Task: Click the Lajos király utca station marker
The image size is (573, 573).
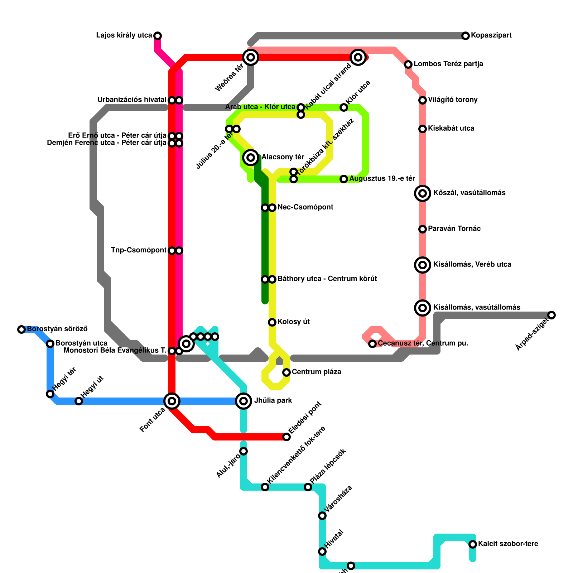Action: pos(158,35)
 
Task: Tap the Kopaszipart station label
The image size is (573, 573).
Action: pos(491,35)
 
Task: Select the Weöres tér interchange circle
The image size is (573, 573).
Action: pos(251,57)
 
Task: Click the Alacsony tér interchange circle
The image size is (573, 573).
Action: pos(251,157)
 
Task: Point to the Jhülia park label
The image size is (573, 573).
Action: pos(273,401)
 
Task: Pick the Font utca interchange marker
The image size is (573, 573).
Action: pos(172,401)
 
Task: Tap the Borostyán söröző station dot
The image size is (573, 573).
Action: pos(21,329)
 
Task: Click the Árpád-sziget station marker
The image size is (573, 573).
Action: pos(552,315)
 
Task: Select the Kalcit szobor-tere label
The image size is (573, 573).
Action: pos(508,544)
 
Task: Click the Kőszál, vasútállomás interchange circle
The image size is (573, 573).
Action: pos(423,193)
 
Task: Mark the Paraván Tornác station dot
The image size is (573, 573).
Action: pos(423,229)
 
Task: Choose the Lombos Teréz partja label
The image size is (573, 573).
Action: pos(448,64)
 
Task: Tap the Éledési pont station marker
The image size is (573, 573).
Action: pos(286,437)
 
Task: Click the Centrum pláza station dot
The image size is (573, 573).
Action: pos(286,372)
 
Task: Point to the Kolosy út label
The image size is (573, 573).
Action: pos(293,322)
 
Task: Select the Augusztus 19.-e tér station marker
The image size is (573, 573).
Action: pos(344,179)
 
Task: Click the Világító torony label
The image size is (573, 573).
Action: pos(452,100)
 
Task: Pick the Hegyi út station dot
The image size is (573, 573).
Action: pos(79,401)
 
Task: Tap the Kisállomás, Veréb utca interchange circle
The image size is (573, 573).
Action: pos(423,265)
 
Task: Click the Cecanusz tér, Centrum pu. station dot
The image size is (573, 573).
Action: pos(372,343)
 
